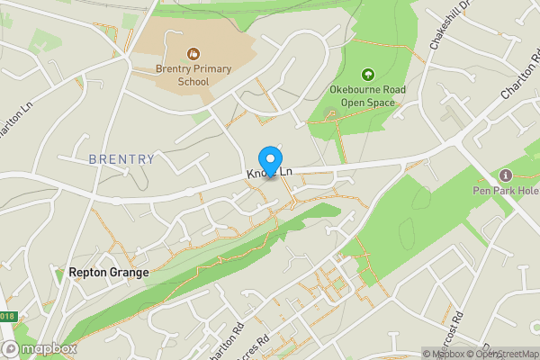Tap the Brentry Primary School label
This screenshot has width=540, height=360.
click(x=193, y=76)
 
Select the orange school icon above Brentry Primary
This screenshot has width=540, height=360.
click(x=193, y=54)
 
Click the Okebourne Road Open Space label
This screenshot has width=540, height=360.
click(x=367, y=95)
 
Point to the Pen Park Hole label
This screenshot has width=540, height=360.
click(x=505, y=190)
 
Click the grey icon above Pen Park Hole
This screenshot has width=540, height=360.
click(x=505, y=175)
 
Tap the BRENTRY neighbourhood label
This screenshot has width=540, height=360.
click(x=121, y=159)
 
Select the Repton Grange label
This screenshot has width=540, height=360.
click(x=108, y=270)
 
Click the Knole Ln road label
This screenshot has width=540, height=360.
click(x=271, y=172)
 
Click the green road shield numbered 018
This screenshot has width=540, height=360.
click(x=6, y=316)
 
